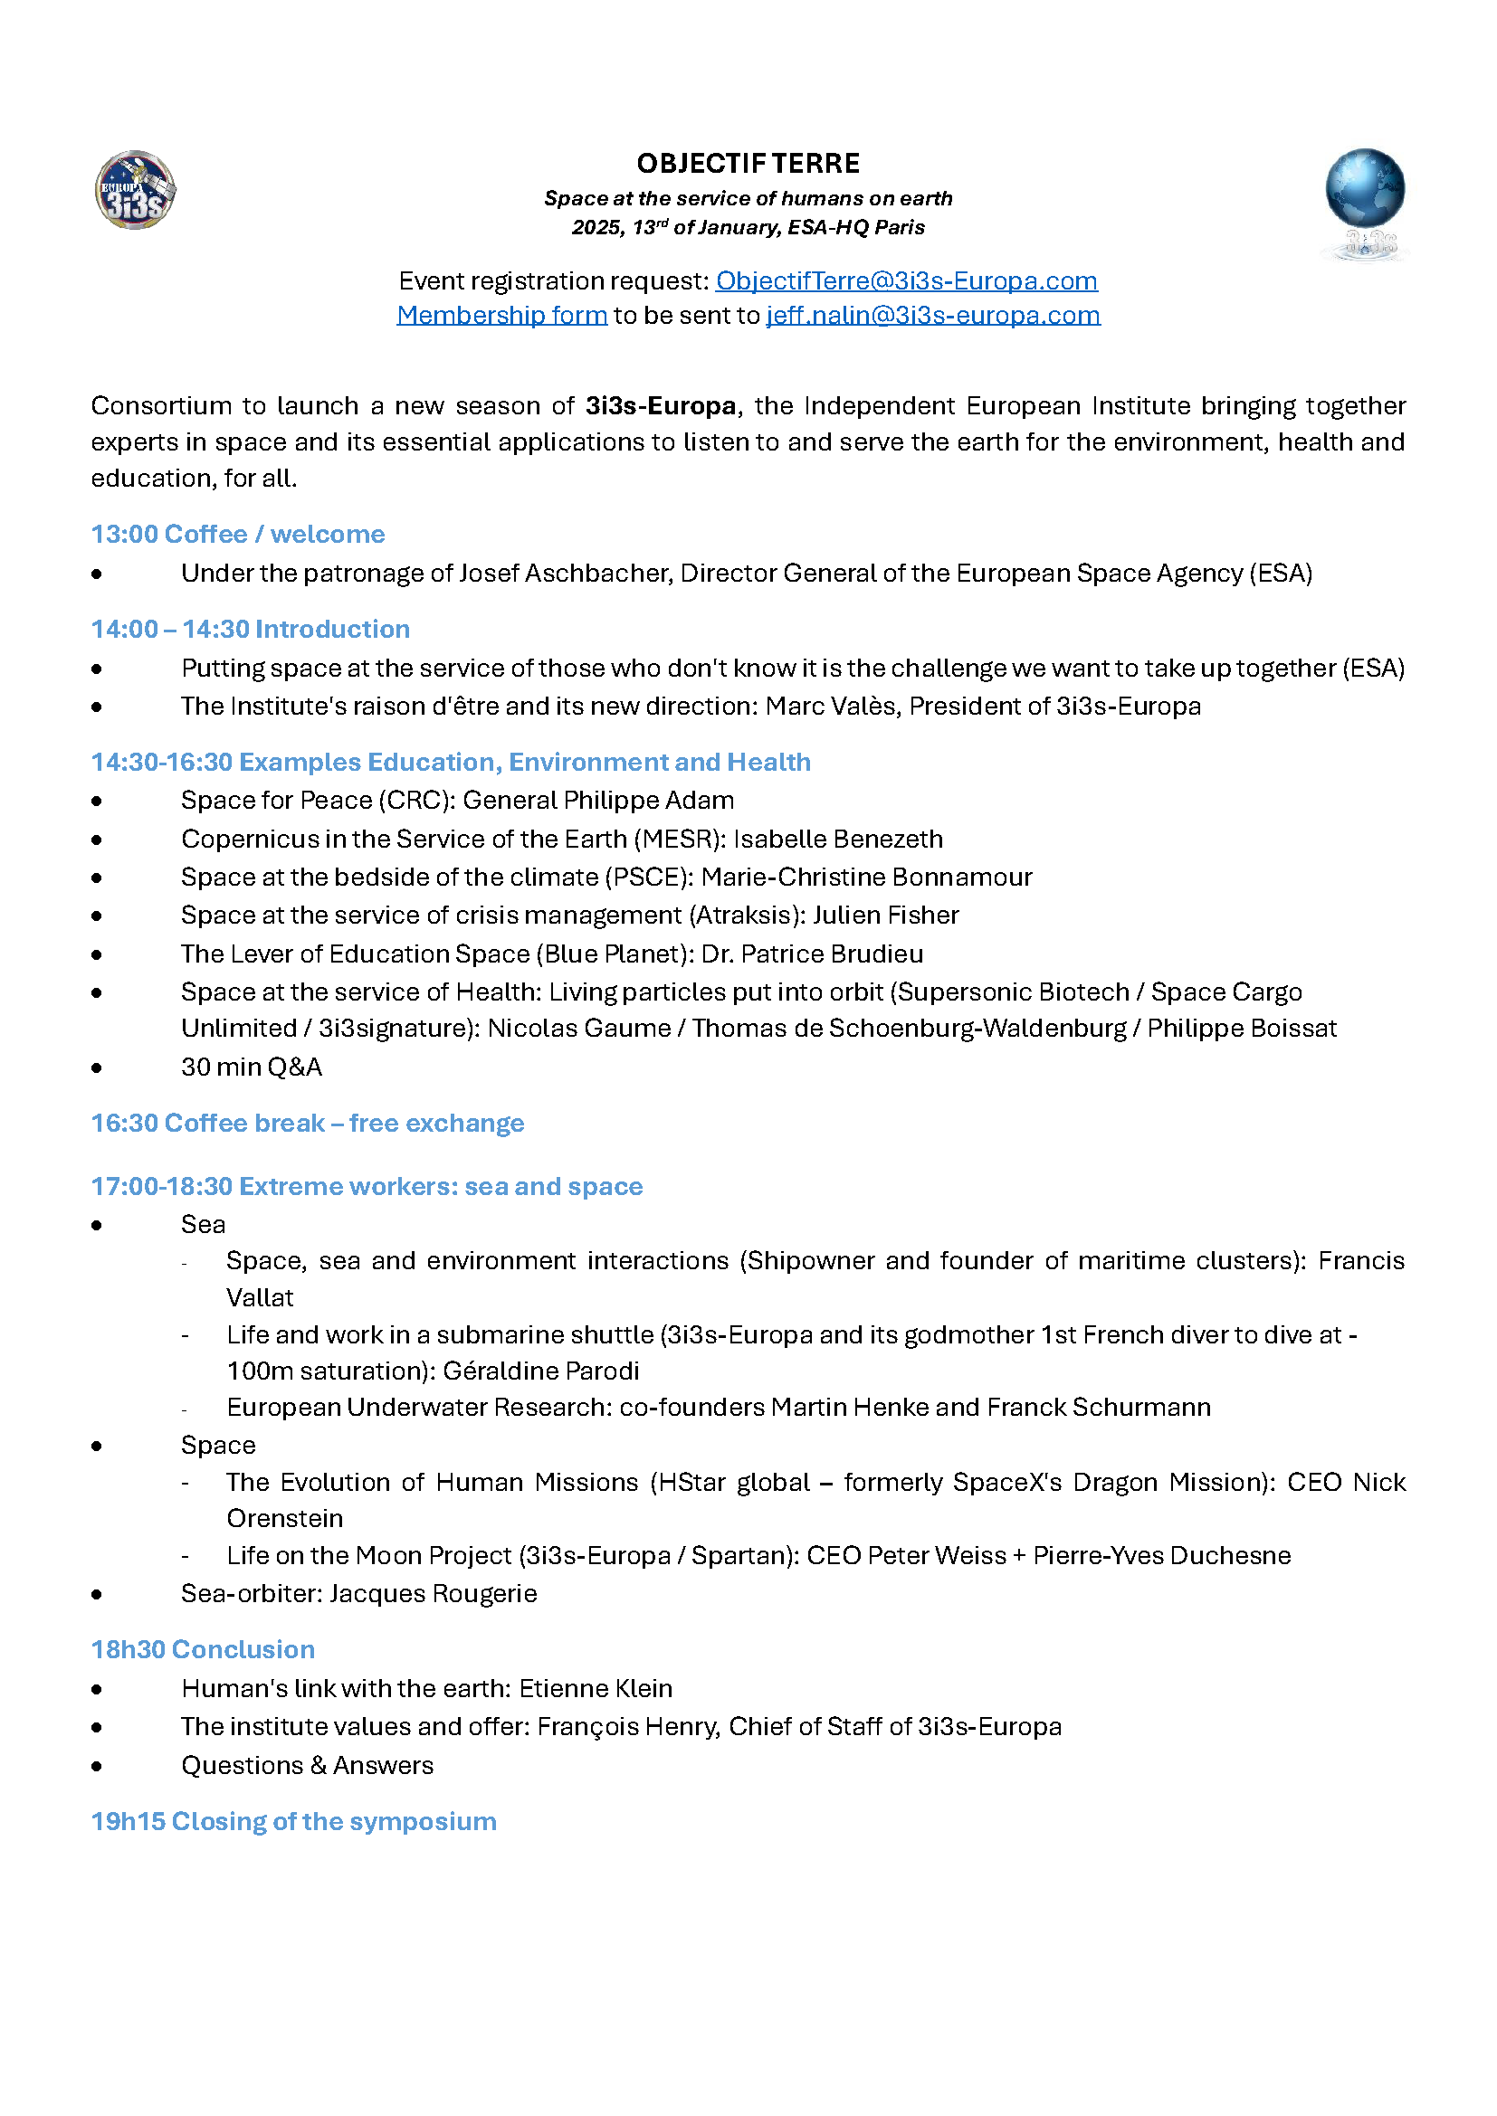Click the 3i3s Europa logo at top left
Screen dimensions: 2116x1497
click(x=136, y=190)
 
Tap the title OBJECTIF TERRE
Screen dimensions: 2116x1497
click(x=748, y=164)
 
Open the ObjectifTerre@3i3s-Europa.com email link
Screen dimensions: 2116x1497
click(x=906, y=281)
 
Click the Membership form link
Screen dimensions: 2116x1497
click(x=501, y=315)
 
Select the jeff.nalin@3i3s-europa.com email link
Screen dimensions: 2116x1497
click(x=933, y=315)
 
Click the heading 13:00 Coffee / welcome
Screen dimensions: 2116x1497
click(x=238, y=535)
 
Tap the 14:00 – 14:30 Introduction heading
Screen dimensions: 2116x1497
click(x=250, y=630)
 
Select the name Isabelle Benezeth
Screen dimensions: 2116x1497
click(x=838, y=839)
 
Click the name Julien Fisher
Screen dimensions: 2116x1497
click(x=886, y=916)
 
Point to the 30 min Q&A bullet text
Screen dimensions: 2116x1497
click(x=252, y=1067)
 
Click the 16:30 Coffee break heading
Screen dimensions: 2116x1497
click(x=307, y=1124)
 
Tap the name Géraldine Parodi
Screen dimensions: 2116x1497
click(x=541, y=1371)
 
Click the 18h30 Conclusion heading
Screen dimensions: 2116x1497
click(x=203, y=1650)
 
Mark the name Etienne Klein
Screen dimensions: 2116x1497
click(x=596, y=1688)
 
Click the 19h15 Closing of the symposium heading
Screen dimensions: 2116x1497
click(x=293, y=1822)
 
